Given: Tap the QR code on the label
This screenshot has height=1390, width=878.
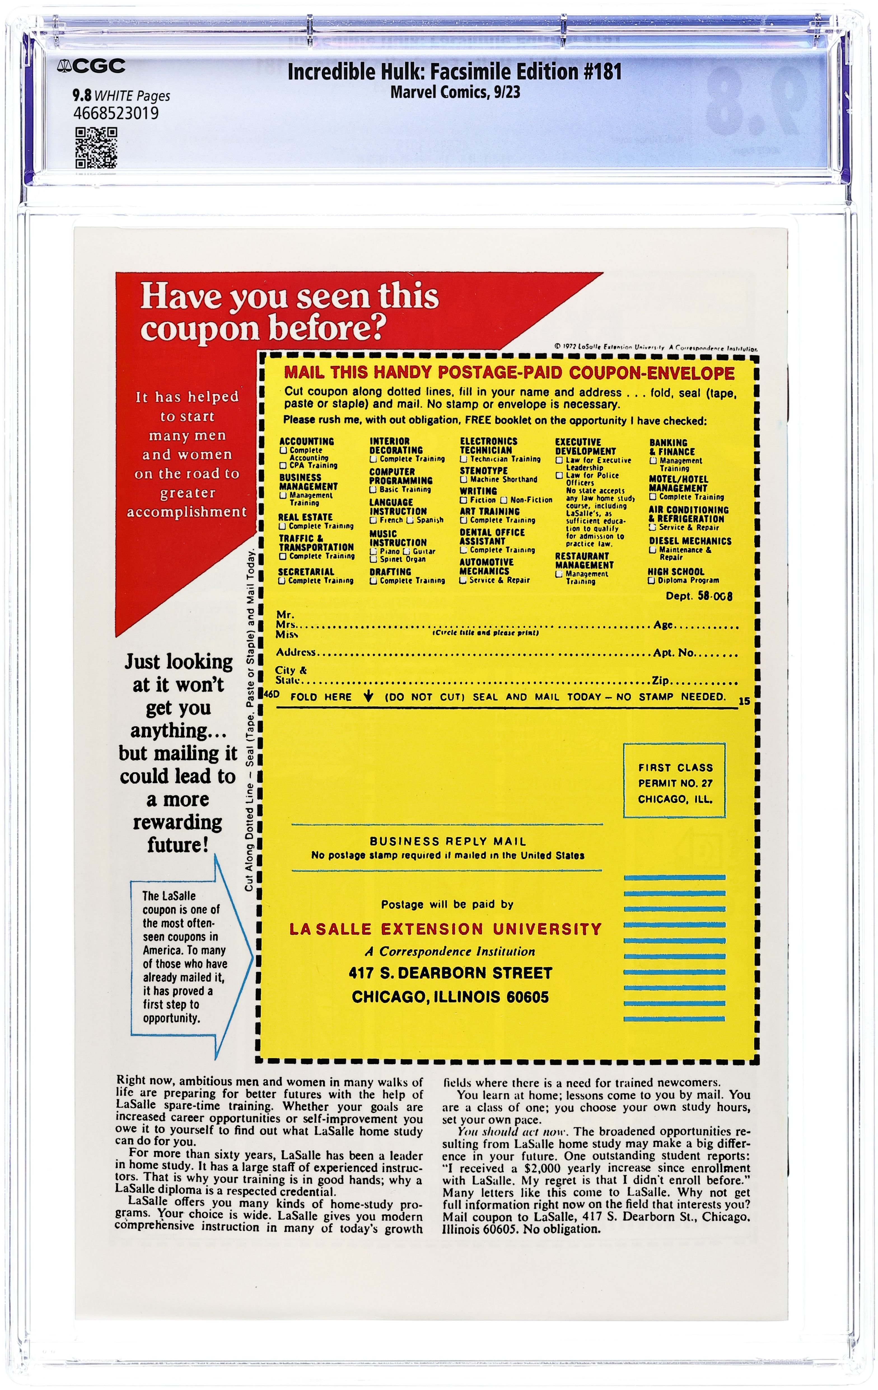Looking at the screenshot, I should pyautogui.click(x=97, y=148).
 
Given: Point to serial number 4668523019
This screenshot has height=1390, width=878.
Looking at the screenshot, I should pyautogui.click(x=116, y=113).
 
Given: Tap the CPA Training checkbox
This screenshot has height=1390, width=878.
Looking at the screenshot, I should pyautogui.click(x=283, y=465).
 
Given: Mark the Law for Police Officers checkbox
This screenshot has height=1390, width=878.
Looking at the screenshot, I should pyautogui.click(x=559, y=476).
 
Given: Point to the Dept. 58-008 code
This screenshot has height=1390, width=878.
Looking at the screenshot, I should pyautogui.click(x=699, y=596).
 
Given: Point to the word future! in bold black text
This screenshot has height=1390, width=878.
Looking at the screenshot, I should pyautogui.click(x=177, y=845).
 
